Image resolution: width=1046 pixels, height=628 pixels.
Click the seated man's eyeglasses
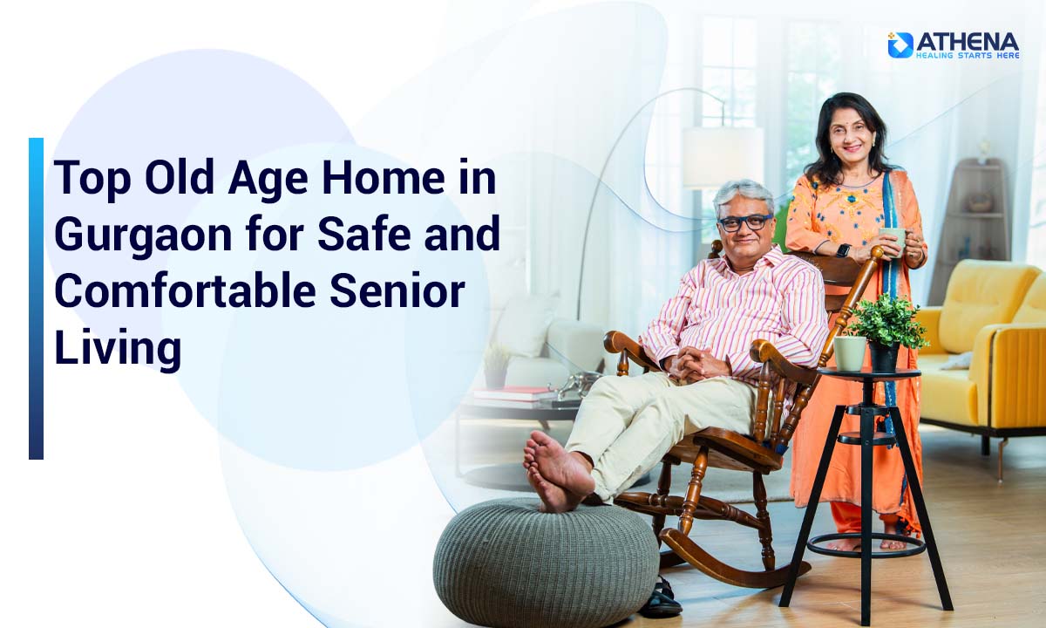[x=744, y=222]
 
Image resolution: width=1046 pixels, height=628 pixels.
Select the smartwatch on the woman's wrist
[x=842, y=250]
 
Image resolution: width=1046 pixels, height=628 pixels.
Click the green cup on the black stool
[x=850, y=353]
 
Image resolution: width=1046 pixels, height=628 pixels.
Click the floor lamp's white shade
[x=723, y=157]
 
